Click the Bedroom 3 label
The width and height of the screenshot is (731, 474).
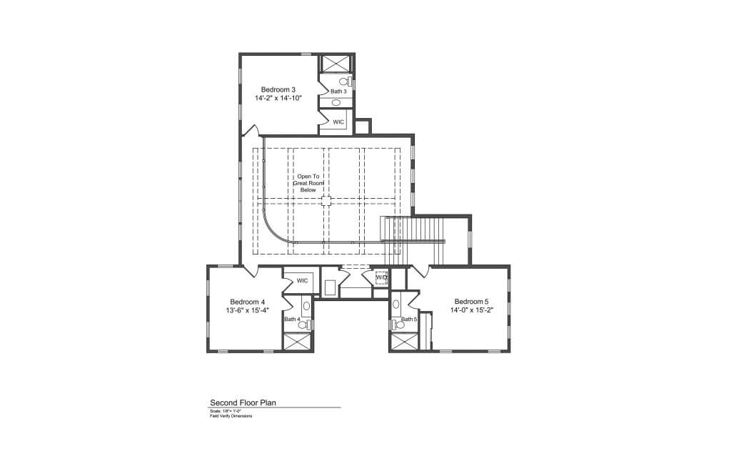(278, 89)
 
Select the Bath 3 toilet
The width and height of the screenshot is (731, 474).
(344, 82)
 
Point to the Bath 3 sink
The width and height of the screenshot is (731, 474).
(336, 102)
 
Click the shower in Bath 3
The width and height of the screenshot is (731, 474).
(333, 63)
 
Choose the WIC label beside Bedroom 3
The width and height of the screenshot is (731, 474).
(338, 122)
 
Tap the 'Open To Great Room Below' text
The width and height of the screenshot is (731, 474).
(308, 183)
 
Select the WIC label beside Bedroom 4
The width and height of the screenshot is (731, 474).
(302, 280)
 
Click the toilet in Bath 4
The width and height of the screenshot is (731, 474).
(303, 324)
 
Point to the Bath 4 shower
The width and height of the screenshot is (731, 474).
(298, 341)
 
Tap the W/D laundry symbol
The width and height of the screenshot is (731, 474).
(381, 277)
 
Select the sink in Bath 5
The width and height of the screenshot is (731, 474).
(397, 303)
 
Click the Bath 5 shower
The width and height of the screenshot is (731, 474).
(403, 342)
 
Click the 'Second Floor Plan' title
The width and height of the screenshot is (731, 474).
(243, 403)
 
